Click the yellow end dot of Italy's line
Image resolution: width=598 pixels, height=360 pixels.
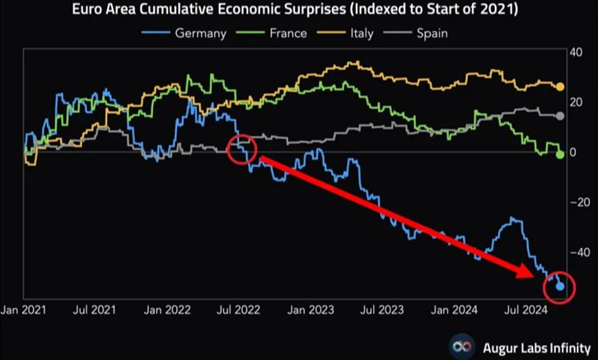pos(560,86)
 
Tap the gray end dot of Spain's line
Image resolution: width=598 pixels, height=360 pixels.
pos(560,116)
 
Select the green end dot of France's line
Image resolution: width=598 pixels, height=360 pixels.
pos(560,155)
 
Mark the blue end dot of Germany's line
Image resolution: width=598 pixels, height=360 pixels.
pos(560,286)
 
